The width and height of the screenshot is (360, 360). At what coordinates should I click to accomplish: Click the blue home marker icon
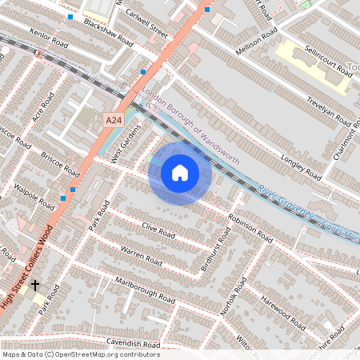(x=180, y=173)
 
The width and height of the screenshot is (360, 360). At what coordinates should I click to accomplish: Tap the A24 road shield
(x=114, y=119)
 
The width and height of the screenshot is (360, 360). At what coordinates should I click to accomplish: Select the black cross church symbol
(x=34, y=285)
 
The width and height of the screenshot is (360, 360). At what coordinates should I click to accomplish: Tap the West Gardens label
(x=126, y=145)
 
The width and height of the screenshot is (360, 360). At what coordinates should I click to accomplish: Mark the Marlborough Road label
(x=144, y=290)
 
